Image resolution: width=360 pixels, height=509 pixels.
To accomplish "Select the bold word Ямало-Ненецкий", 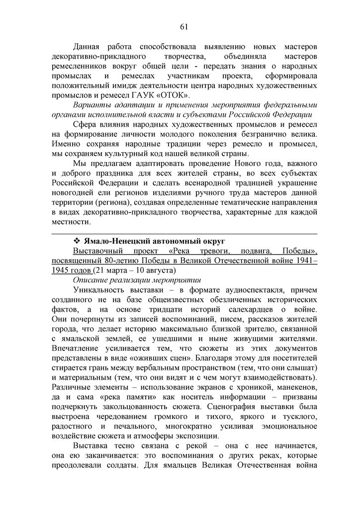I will [114, 242].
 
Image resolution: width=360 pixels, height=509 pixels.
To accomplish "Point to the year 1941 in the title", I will [303, 260].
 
